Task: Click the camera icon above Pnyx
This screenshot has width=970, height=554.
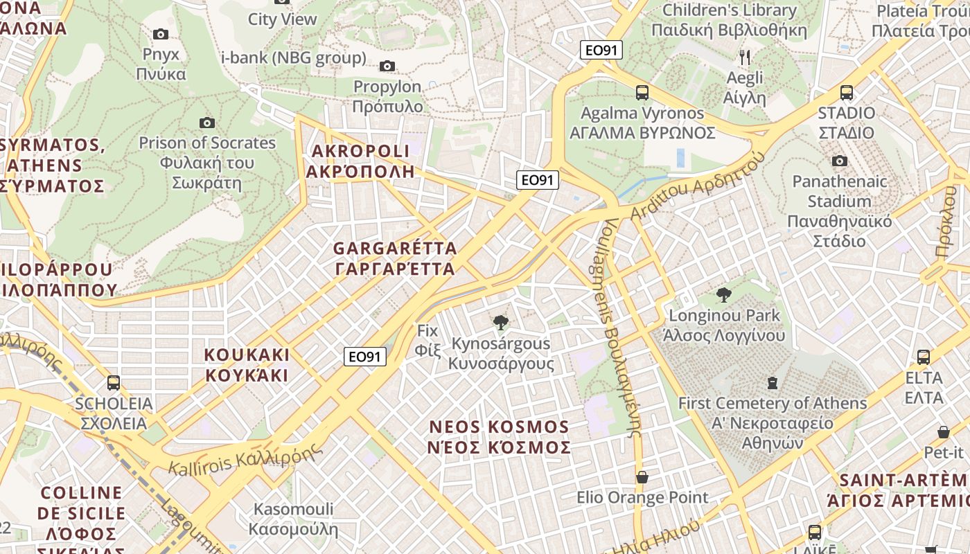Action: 161,34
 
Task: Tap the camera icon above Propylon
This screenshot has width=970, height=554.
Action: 387,66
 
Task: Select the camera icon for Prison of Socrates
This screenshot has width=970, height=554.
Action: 206,123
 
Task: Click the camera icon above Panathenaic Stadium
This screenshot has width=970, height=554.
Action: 840,161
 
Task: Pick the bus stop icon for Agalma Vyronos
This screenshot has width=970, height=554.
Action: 642,92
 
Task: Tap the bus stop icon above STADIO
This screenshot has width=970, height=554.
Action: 846,92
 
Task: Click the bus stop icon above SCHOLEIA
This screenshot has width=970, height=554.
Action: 114,382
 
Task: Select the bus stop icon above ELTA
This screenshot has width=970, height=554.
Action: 924,357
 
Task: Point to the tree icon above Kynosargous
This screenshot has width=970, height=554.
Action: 500,322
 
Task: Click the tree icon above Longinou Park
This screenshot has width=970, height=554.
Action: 724,295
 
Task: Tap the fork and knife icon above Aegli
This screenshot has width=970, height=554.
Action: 745,57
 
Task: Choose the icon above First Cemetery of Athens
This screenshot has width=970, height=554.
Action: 772,382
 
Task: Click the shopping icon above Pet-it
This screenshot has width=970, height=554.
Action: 943,431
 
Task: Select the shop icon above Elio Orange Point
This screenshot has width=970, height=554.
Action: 642,476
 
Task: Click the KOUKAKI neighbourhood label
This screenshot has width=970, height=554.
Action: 247,365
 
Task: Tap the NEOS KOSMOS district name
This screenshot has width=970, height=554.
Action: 500,437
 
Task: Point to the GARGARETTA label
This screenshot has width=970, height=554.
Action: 395,258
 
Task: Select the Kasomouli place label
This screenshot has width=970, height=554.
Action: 293,519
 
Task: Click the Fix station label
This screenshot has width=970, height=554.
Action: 428,340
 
